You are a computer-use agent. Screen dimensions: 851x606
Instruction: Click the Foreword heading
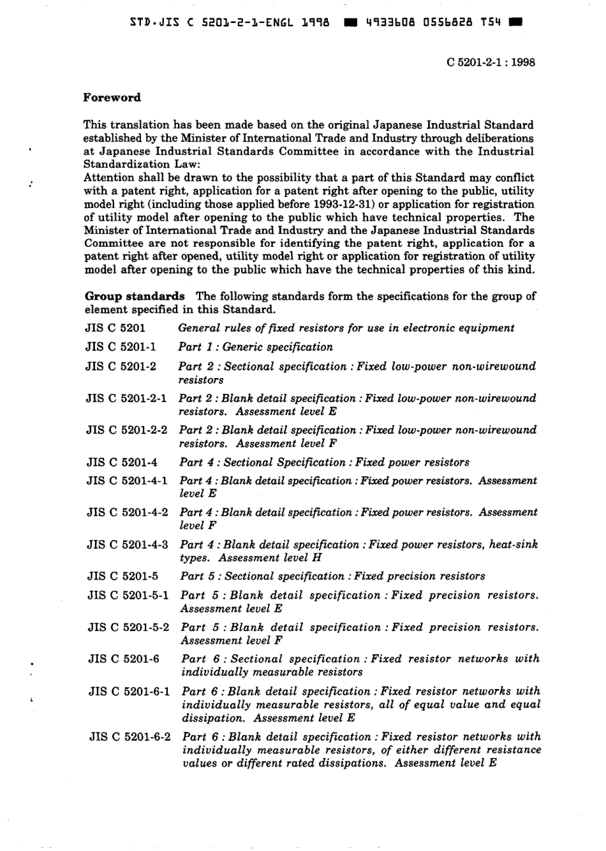point(112,98)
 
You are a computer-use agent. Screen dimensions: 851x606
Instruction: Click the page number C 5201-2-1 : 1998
point(491,62)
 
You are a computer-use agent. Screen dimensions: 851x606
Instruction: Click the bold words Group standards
point(135,296)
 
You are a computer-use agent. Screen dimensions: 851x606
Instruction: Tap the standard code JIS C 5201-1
point(121,347)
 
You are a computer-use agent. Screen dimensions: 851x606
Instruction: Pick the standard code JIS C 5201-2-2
point(126,430)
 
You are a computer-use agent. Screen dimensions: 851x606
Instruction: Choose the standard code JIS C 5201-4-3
point(128,544)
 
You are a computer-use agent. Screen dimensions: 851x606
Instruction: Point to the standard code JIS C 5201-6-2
point(130,736)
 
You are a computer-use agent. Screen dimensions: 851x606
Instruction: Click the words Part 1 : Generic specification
point(255,347)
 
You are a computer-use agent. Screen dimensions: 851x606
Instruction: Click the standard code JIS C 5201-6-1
point(129,691)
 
